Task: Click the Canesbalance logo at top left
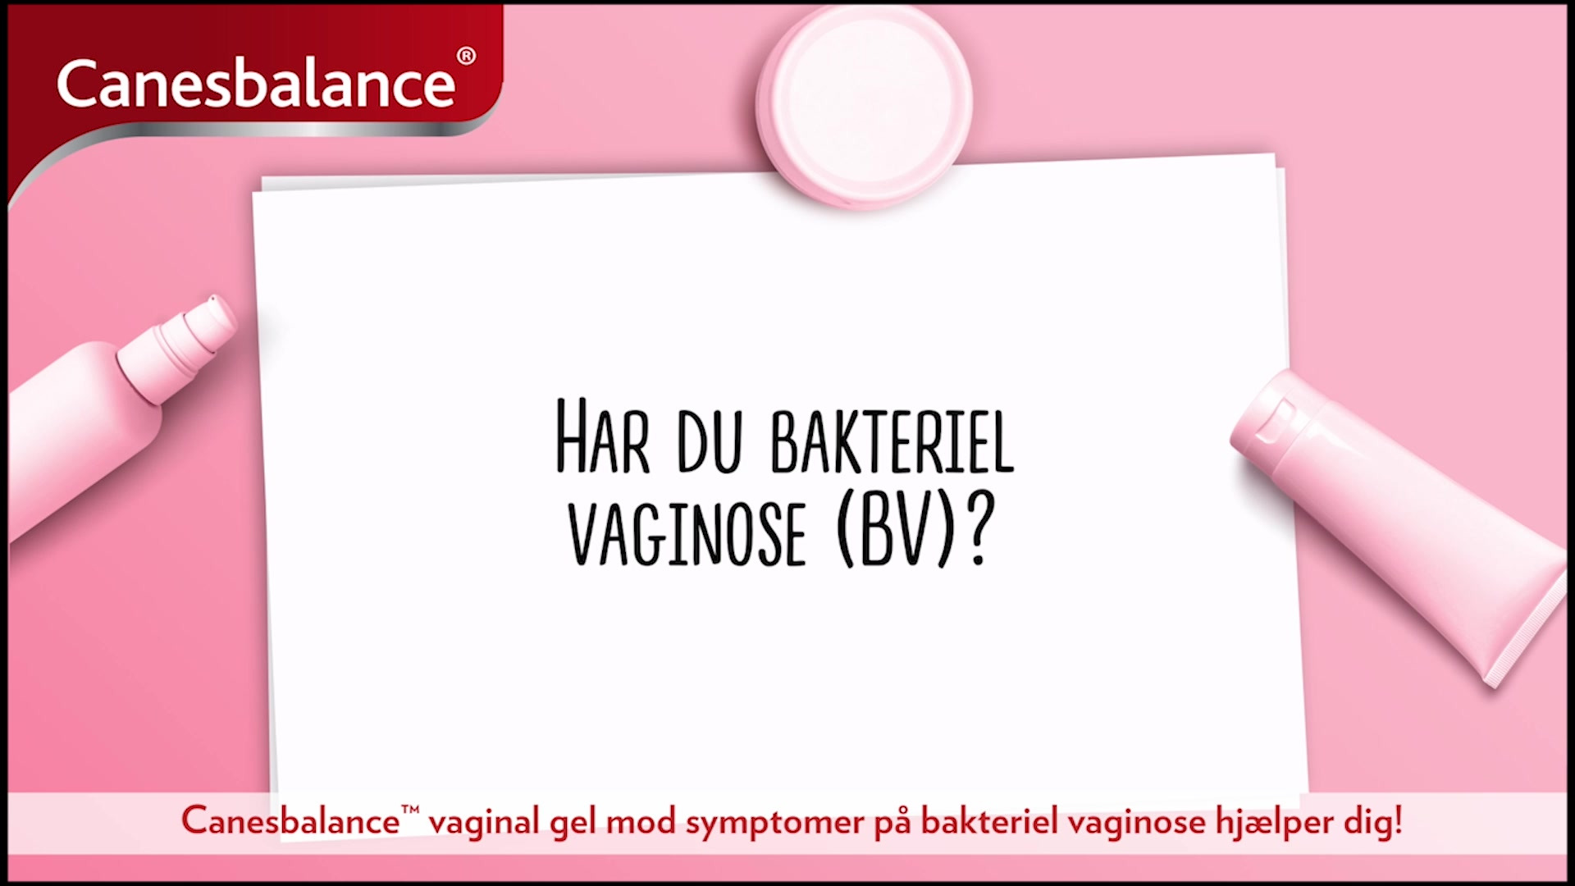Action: [x=256, y=83]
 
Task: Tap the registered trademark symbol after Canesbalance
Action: [x=466, y=56]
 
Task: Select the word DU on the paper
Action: [x=710, y=442]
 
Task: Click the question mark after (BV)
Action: [x=979, y=528]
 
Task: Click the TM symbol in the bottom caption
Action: [x=410, y=811]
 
